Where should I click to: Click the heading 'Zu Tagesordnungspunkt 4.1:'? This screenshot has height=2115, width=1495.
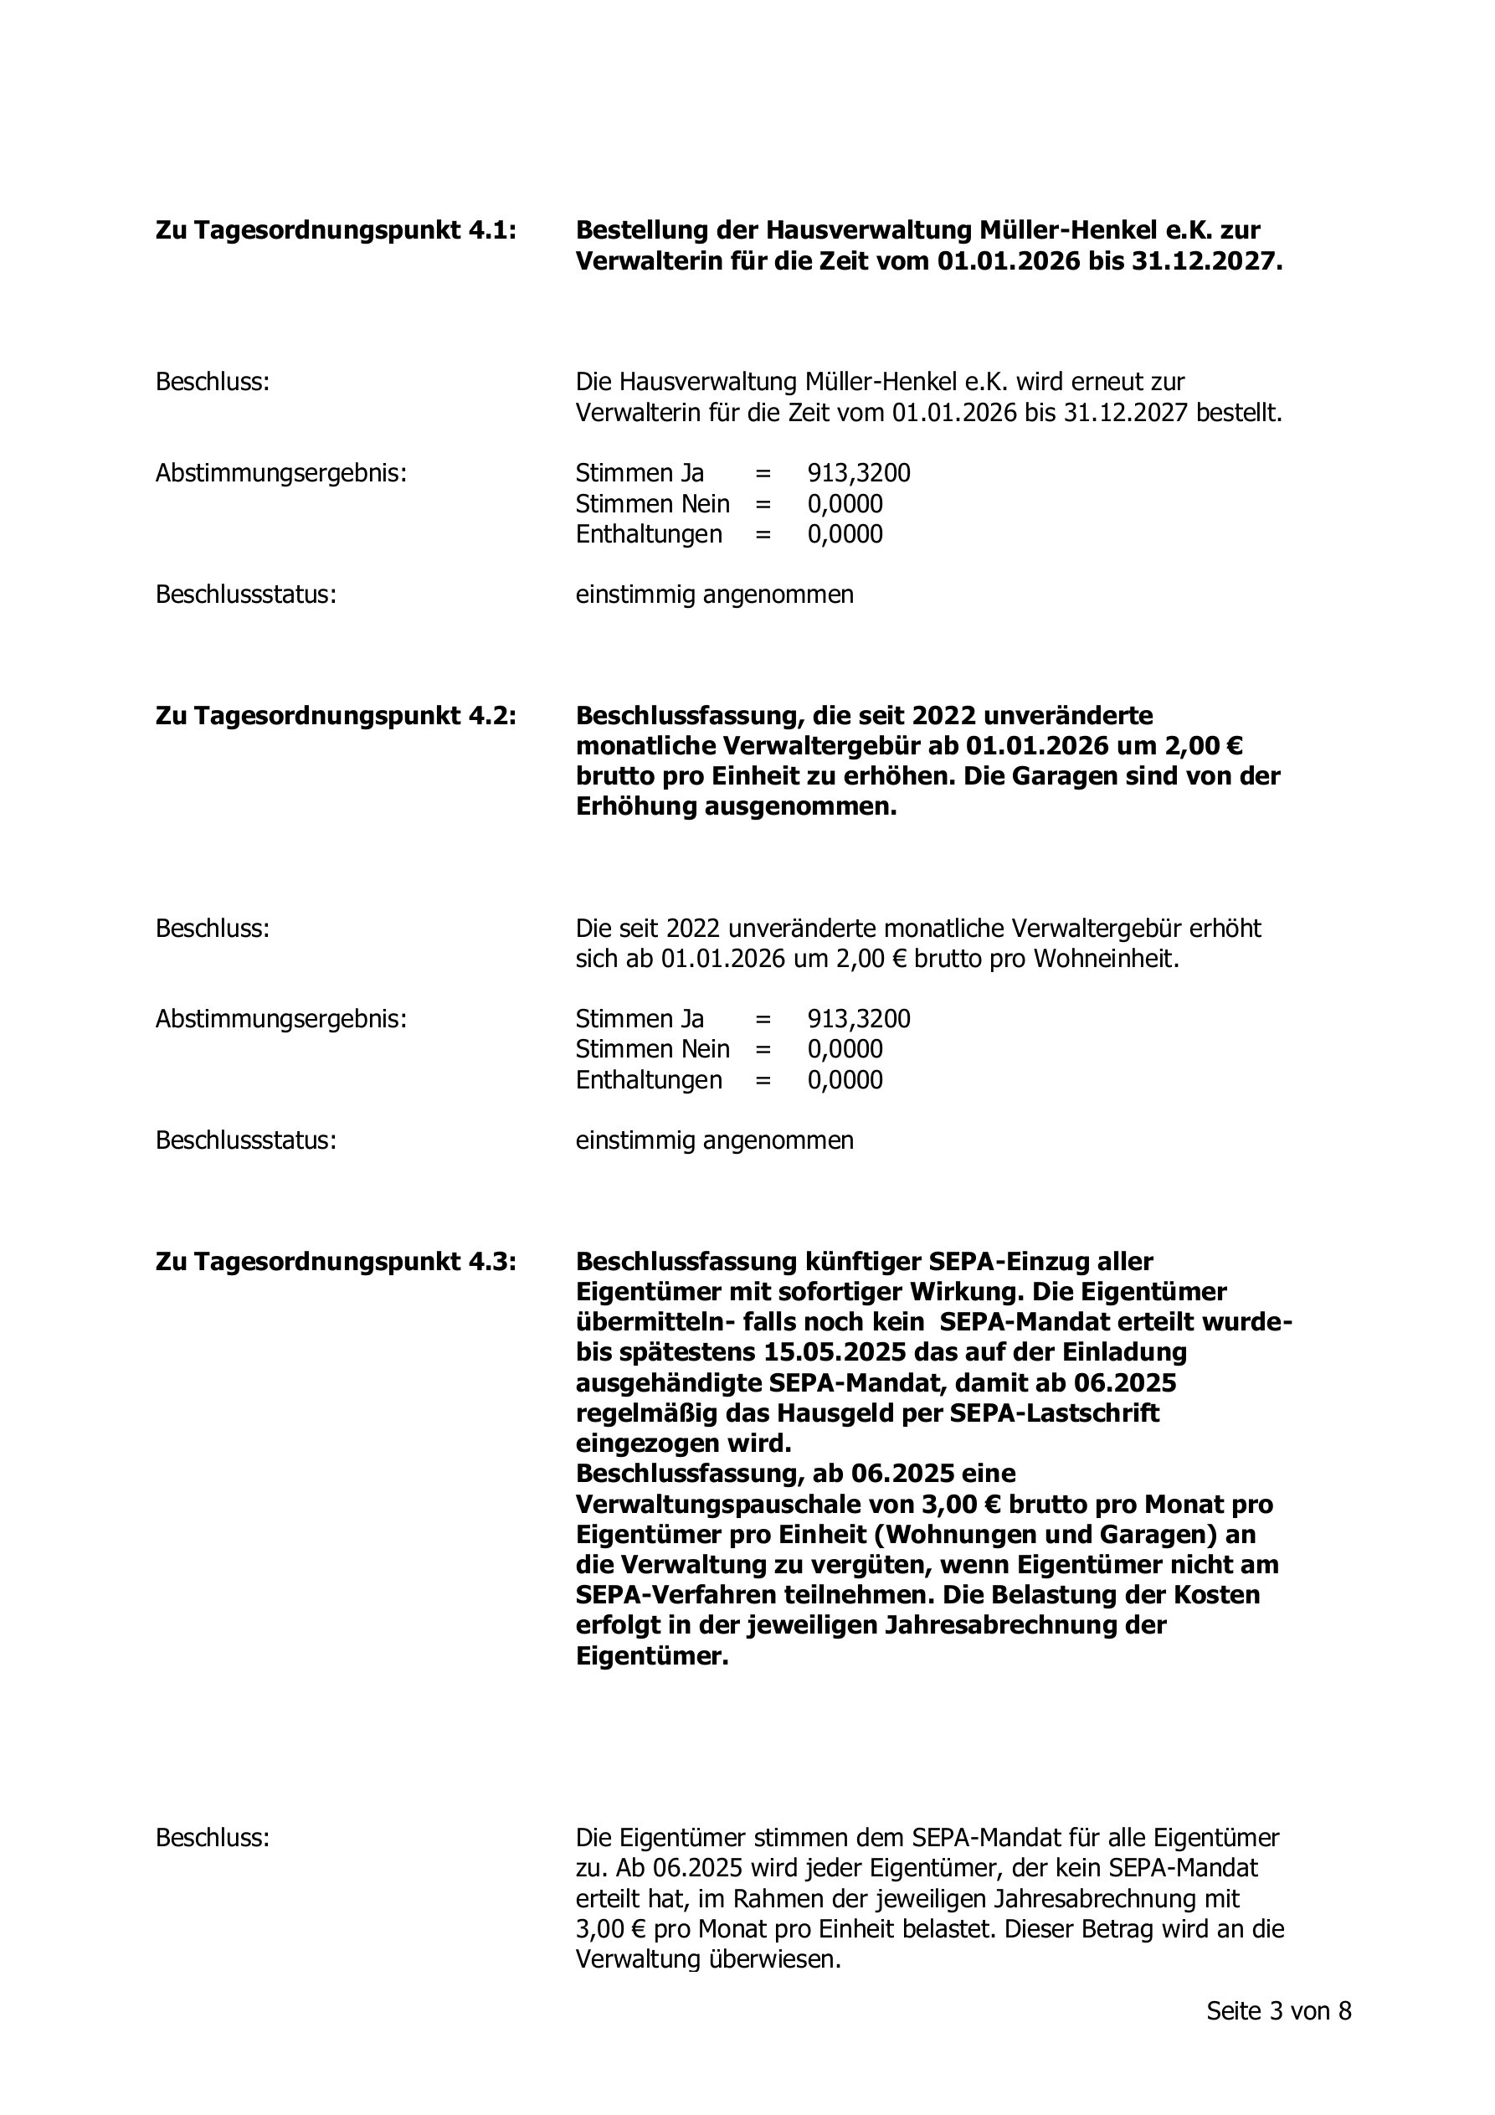click(x=336, y=230)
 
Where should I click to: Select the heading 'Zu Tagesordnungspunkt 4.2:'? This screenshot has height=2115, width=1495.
click(x=336, y=716)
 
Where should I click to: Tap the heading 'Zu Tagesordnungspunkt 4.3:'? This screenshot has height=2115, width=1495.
click(x=336, y=1261)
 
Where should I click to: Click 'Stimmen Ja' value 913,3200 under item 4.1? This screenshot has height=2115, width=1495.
click(x=859, y=473)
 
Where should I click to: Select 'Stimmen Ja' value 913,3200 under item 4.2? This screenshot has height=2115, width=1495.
click(x=859, y=1019)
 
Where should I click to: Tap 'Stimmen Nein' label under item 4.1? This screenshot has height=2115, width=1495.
click(x=652, y=504)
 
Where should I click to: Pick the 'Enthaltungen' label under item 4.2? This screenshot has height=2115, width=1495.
click(x=649, y=1079)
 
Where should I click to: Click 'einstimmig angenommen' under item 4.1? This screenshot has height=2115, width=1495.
click(x=714, y=595)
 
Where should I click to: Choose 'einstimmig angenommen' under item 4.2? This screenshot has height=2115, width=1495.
click(x=714, y=1140)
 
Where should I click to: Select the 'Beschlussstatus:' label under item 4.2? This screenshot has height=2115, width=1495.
click(x=245, y=1140)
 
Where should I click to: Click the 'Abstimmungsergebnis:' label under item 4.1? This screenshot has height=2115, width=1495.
click(x=281, y=473)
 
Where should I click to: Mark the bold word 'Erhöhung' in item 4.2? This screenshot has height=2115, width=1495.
click(x=635, y=807)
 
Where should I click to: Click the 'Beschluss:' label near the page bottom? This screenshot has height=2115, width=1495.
click(x=212, y=1838)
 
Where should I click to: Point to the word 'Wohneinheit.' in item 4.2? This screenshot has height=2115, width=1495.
click(x=1107, y=959)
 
